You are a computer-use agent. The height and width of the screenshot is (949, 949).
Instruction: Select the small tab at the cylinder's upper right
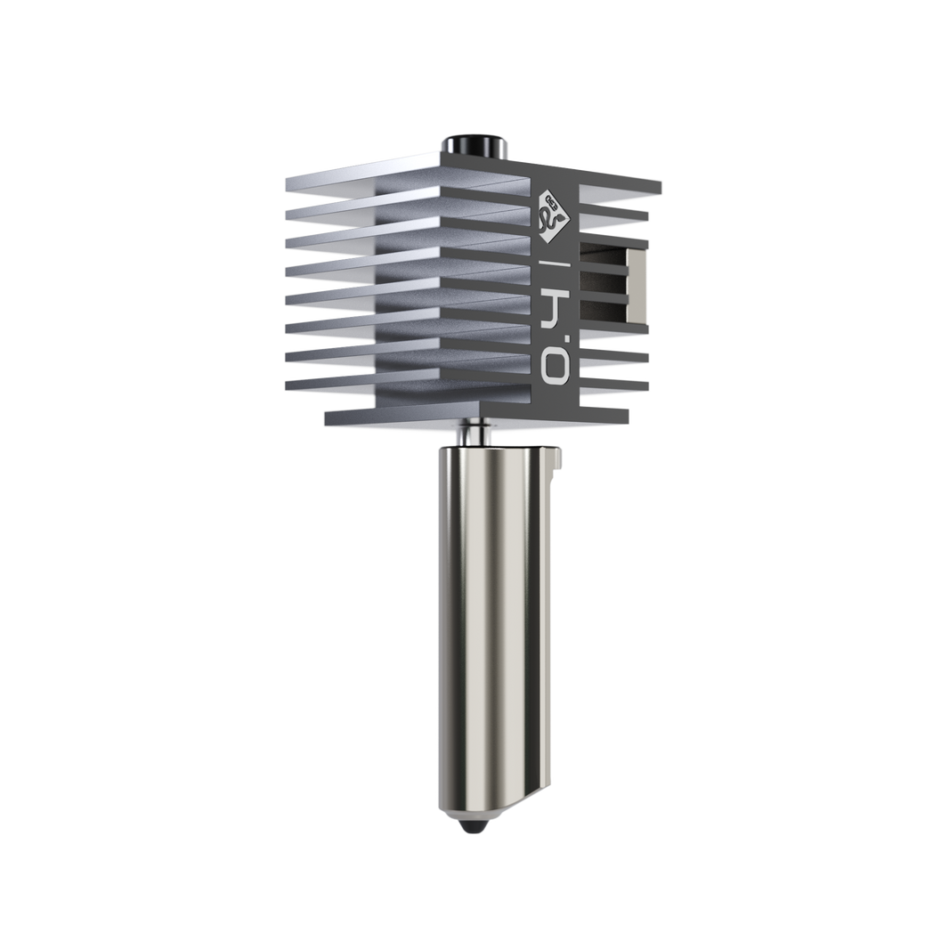pos(558,457)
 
